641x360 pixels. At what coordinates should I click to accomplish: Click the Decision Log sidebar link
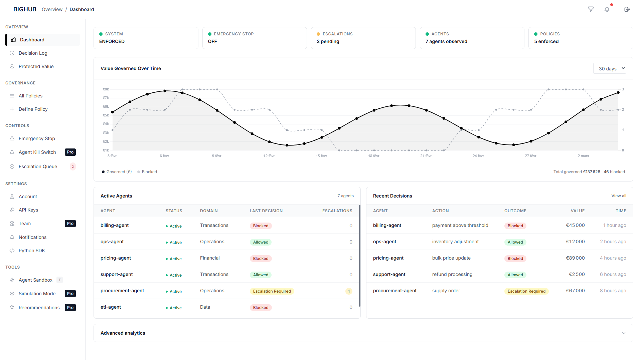[33, 53]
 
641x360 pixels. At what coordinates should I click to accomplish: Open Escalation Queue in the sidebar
[38, 166]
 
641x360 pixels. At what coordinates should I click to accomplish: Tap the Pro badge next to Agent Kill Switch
[70, 152]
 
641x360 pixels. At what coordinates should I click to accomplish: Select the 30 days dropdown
[610, 68]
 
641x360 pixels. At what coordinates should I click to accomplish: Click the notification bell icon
[607, 9]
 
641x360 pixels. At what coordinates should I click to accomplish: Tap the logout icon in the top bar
[627, 9]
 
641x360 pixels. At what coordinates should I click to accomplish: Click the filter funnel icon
[591, 9]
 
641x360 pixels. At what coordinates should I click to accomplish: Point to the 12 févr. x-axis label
[269, 156]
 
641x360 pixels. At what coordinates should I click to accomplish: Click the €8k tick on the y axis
[106, 89]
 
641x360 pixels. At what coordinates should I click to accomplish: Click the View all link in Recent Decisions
[619, 196]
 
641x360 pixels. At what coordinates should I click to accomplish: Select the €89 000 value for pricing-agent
[575, 258]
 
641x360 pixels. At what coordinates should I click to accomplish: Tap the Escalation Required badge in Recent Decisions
[526, 291]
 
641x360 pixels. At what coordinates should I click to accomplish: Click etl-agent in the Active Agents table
[111, 307]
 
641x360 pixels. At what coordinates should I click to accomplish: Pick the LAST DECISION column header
[266, 211]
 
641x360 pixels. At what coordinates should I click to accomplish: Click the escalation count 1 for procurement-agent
[349, 291]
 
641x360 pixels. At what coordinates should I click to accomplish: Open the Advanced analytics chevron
[623, 333]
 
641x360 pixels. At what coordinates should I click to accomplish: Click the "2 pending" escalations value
[328, 41]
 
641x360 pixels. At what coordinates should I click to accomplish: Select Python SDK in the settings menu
[32, 251]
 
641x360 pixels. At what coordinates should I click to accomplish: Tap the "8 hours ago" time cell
[613, 291]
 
